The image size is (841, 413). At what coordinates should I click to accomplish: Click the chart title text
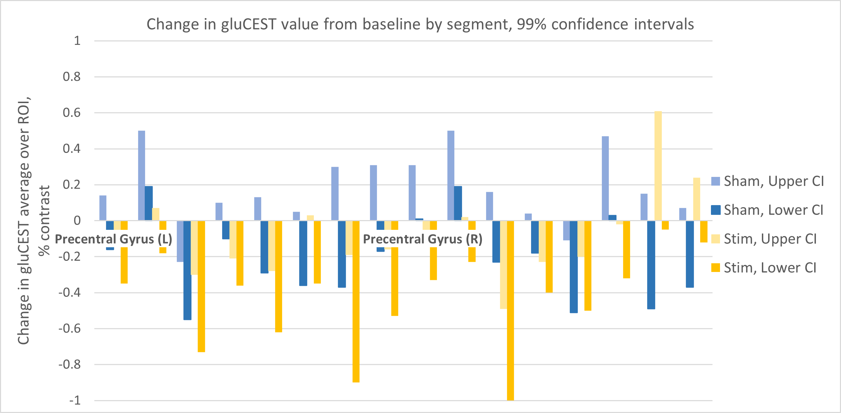tap(420, 24)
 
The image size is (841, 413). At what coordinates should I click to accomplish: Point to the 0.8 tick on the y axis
tap(72, 77)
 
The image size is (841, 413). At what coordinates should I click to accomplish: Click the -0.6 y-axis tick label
tap(70, 328)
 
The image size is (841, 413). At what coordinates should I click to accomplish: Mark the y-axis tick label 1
tap(77, 41)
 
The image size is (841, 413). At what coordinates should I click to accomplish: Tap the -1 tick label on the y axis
tap(75, 400)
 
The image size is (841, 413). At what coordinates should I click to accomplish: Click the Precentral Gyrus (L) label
tap(114, 239)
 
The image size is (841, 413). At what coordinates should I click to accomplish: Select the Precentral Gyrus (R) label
tap(423, 239)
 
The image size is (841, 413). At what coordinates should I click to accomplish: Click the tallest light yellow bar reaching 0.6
tap(658, 166)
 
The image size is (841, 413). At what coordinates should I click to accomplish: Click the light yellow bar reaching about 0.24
tap(697, 199)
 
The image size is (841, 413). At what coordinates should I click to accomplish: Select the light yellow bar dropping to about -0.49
tap(503, 265)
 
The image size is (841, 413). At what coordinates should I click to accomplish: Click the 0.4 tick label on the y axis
tap(72, 149)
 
